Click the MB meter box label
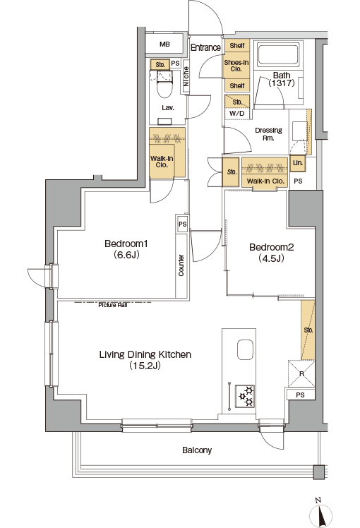(164, 44)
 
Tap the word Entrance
(205, 47)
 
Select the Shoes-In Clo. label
(236, 66)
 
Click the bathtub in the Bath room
(278, 54)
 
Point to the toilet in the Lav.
(164, 84)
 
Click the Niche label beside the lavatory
(186, 76)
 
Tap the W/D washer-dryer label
(236, 114)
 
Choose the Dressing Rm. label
(268, 134)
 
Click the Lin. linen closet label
(298, 163)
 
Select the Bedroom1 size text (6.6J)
(126, 255)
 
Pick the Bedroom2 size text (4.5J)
(272, 258)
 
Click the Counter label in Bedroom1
(181, 265)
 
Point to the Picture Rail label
(113, 305)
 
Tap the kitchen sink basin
(245, 349)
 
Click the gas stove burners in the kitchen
(245, 396)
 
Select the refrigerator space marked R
(301, 374)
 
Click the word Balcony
(197, 450)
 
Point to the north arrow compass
(320, 512)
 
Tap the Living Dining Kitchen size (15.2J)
(145, 366)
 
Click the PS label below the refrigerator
(301, 395)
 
